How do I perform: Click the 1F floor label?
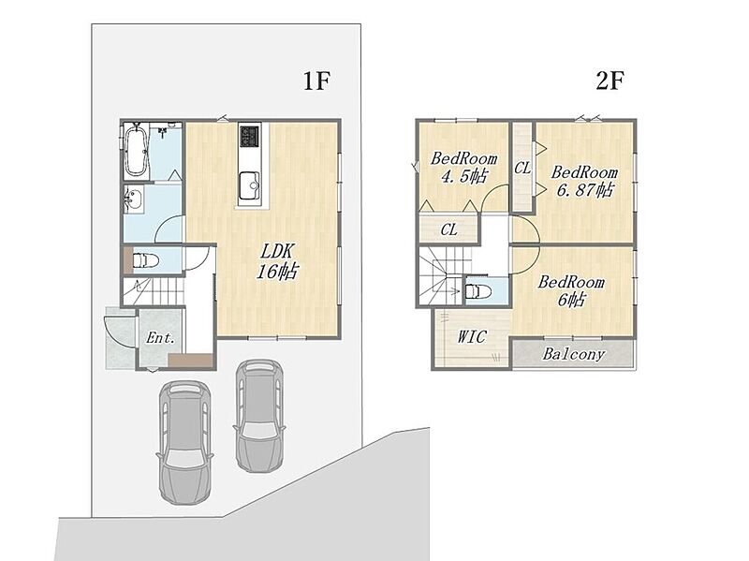(x=316, y=81)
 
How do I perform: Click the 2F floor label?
(x=610, y=81)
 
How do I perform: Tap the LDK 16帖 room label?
(x=277, y=261)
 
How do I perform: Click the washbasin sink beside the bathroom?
(x=133, y=199)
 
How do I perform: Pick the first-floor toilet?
(x=145, y=261)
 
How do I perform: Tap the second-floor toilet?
(x=477, y=290)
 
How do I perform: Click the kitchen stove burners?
(x=250, y=136)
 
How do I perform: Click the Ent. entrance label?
(x=160, y=338)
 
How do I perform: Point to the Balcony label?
(x=574, y=354)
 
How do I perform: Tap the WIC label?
(x=472, y=336)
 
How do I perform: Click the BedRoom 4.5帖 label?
(x=463, y=168)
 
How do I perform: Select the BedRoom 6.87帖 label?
(x=584, y=181)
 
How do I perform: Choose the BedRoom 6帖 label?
(x=571, y=291)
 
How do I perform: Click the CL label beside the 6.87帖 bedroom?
(x=522, y=168)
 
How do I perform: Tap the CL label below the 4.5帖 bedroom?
(x=448, y=229)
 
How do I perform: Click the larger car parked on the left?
(x=185, y=441)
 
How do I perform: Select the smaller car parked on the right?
(x=258, y=416)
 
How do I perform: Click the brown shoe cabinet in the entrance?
(x=191, y=361)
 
